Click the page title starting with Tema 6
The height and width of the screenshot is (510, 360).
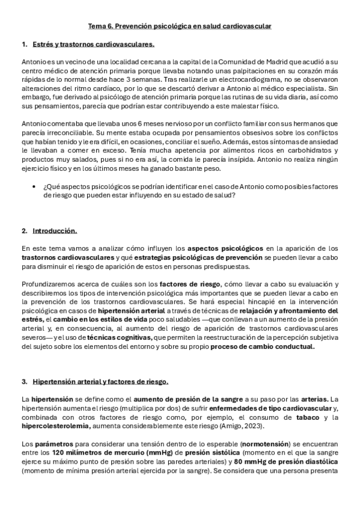pos(180,26)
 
